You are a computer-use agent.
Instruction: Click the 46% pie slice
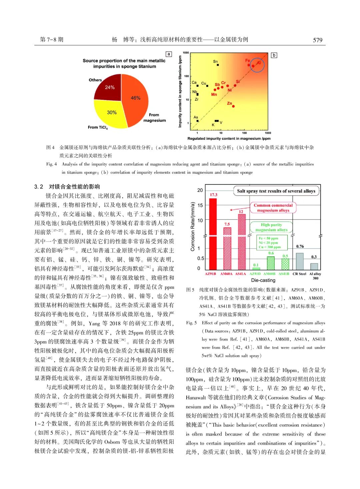[x=135, y=100]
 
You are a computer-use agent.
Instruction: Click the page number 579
[x=317, y=40]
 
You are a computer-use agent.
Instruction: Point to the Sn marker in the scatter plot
[x=218, y=65]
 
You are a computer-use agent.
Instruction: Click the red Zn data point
[x=233, y=106]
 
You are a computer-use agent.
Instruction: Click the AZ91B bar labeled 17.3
[x=213, y=233]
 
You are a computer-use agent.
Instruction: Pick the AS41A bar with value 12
[x=241, y=241]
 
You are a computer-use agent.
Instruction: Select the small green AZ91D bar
[x=256, y=268]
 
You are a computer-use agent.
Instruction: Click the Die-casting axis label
[x=263, y=280]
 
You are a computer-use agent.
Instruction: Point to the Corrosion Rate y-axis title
[x=193, y=226]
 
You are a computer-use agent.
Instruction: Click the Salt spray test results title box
[x=276, y=191]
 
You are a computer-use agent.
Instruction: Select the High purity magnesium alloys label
[x=271, y=227]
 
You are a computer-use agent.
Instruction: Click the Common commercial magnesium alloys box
[x=273, y=208]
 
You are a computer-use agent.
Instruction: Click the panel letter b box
[x=274, y=55]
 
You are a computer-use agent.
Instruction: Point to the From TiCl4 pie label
[x=98, y=127]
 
